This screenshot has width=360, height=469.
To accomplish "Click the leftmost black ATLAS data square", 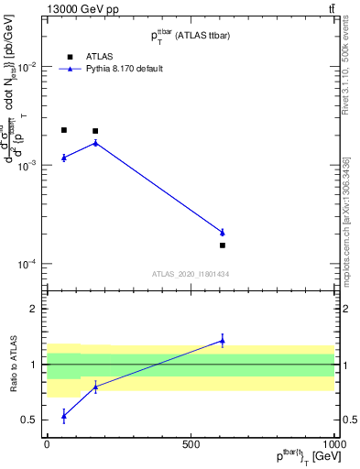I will (63, 130).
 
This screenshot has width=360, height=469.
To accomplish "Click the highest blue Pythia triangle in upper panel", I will (95, 142).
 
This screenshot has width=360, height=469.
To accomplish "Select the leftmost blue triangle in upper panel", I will (63, 158).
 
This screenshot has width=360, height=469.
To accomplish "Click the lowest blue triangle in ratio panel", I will (63, 416).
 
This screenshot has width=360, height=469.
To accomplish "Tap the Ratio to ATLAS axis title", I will (12, 365).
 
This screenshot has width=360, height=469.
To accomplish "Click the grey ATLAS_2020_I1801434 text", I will (190, 274).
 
